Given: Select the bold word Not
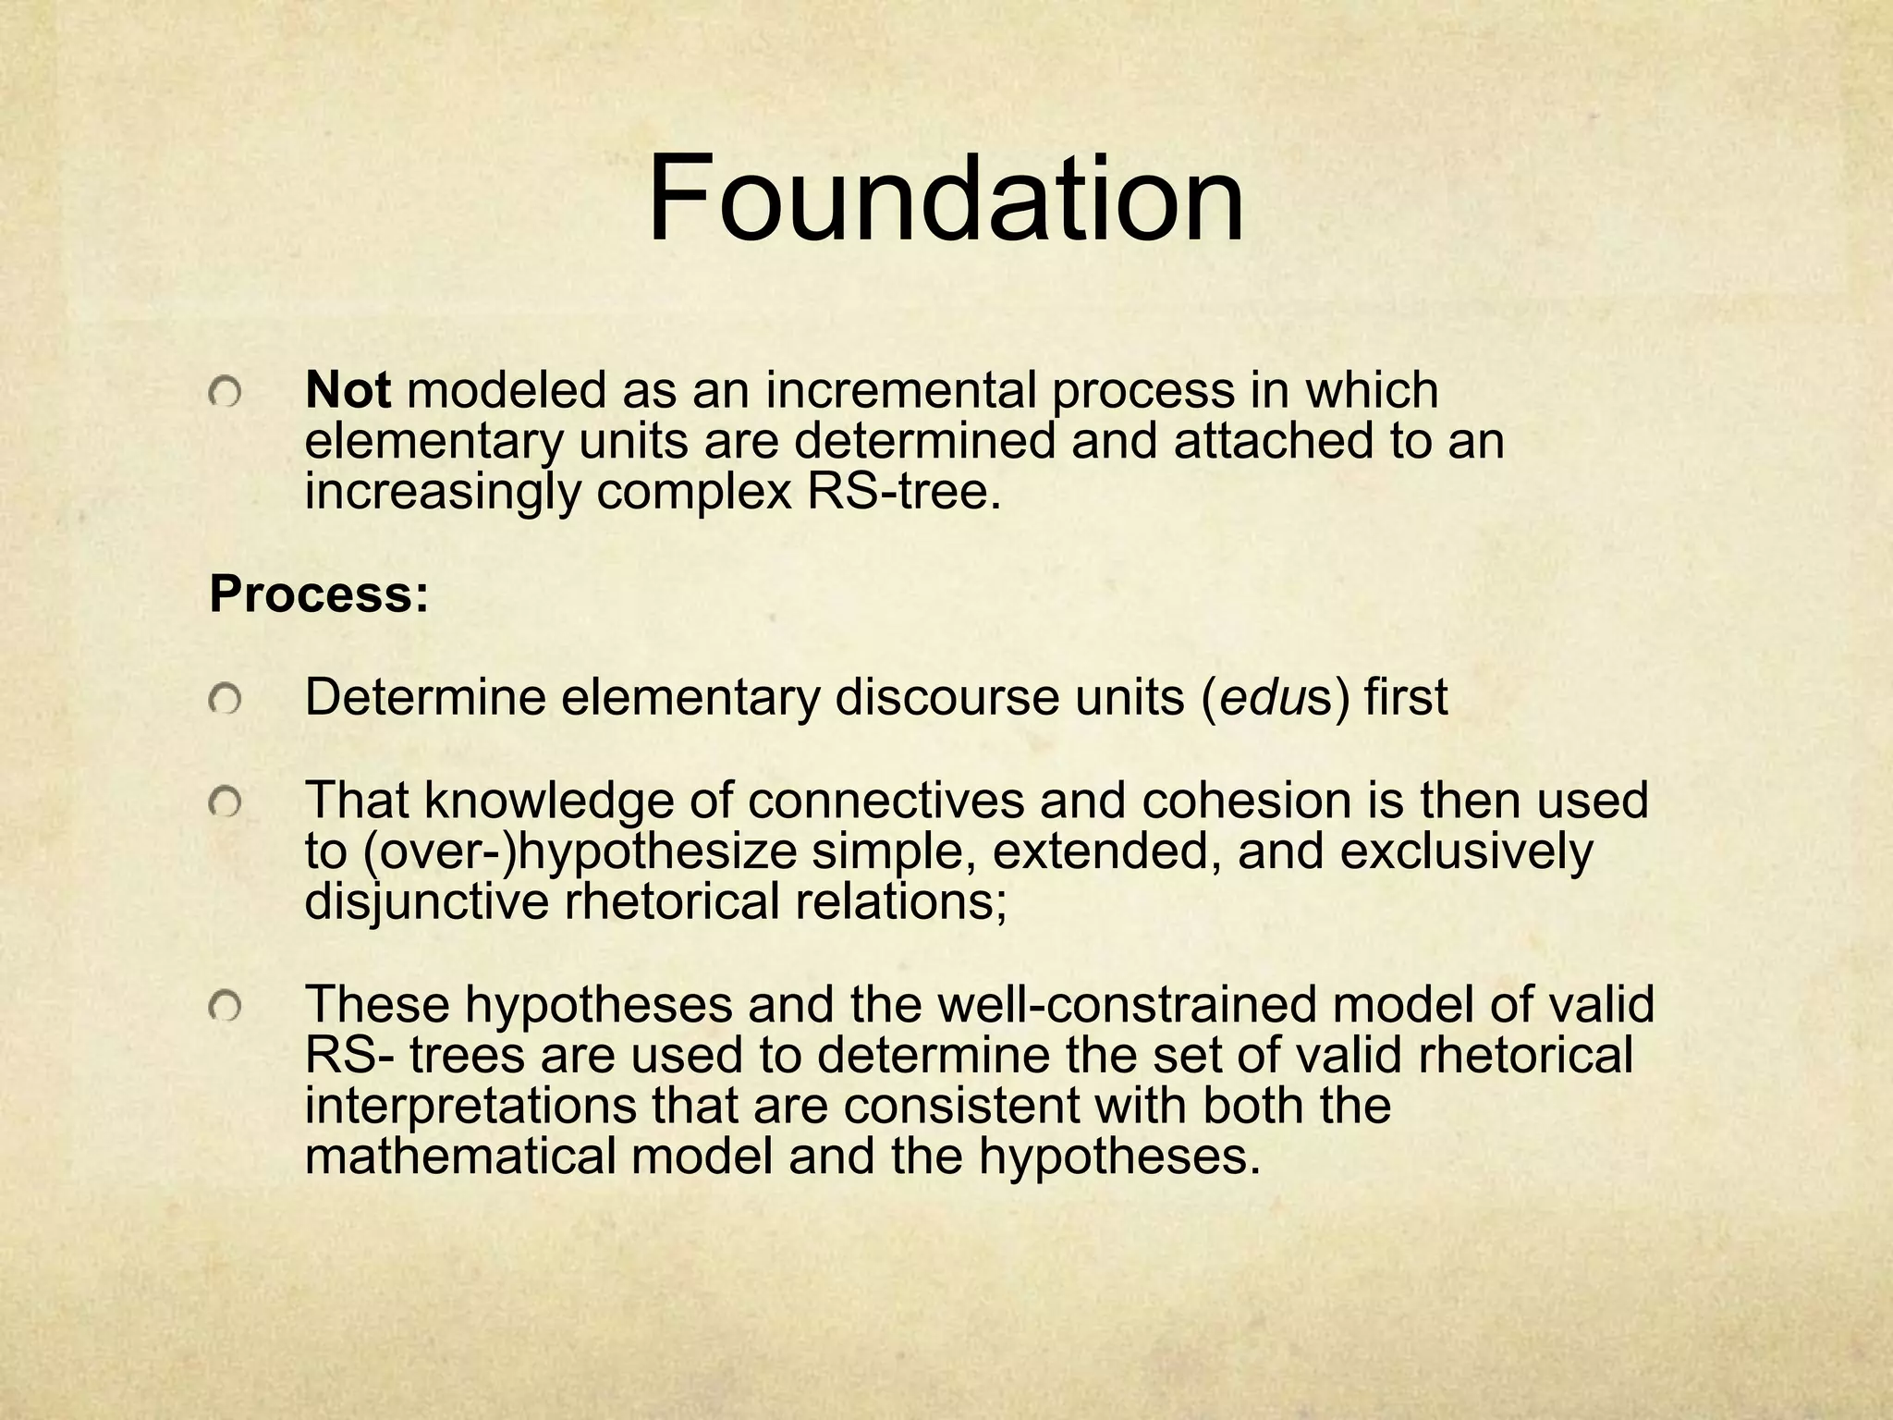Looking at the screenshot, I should pos(348,391).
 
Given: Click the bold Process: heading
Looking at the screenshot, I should pos(319,594).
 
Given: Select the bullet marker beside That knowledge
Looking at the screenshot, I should pos(224,804).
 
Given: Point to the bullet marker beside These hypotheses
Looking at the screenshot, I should pos(224,1009).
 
